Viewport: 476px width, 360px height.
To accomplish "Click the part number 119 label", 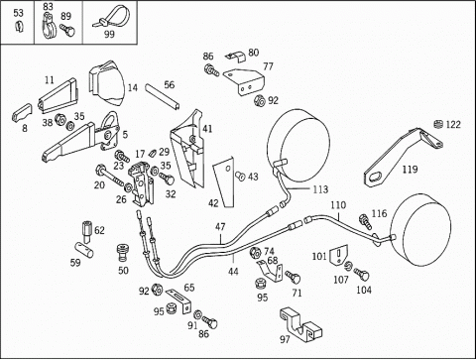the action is [x=410, y=170].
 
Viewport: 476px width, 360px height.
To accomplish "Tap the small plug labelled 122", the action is [x=437, y=124].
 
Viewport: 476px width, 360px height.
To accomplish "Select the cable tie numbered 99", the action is [x=111, y=17].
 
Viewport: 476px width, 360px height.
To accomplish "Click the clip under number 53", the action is [x=19, y=26].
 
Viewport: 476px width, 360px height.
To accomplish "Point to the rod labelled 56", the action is [x=163, y=97].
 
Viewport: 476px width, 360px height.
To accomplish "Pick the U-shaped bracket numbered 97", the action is [x=300, y=325].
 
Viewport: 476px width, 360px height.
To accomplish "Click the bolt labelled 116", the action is [x=365, y=221].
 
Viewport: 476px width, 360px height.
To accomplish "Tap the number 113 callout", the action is [x=320, y=189].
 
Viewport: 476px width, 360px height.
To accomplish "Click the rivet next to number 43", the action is [x=240, y=177].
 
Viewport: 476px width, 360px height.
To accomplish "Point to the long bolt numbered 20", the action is [x=110, y=177].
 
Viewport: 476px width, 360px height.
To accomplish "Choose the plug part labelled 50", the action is [x=123, y=253].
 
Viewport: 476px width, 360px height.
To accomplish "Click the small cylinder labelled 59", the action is [x=83, y=249].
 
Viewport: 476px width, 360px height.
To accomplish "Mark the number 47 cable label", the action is [x=220, y=227].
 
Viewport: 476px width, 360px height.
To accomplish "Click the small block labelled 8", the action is [x=22, y=113].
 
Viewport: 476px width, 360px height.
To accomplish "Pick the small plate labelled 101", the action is [x=339, y=256].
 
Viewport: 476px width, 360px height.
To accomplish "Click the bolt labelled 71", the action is [x=294, y=277].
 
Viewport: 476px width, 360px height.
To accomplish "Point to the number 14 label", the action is [x=133, y=87].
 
